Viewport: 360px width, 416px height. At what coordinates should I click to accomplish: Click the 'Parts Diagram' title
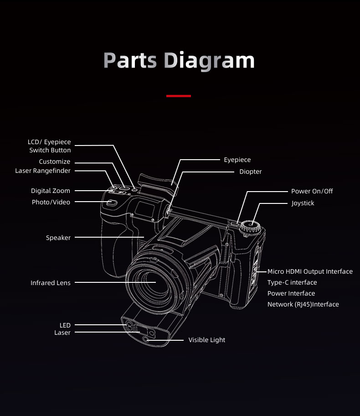[x=179, y=61]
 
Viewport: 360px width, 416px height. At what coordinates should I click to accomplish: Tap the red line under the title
[x=179, y=96]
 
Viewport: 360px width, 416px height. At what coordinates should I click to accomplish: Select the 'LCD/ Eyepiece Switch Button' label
[x=50, y=146]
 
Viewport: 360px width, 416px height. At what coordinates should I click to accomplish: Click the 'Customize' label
[x=55, y=161]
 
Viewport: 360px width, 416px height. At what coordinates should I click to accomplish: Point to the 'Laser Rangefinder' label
[x=43, y=171]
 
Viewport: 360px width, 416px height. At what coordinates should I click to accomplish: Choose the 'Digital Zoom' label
[x=51, y=191]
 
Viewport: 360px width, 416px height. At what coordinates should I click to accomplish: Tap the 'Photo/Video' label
[x=51, y=202]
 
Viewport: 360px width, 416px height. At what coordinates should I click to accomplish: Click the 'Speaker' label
[x=58, y=238]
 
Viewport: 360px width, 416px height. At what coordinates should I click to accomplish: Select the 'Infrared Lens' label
[x=51, y=283]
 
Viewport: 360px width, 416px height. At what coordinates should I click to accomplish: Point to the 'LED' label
[x=65, y=325]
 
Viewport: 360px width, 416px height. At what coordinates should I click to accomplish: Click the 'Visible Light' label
[x=207, y=340]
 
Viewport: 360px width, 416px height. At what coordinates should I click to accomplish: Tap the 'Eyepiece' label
[x=237, y=160]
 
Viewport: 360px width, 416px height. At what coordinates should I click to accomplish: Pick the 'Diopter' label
[x=251, y=172]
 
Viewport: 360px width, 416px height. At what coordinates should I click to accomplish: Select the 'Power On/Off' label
[x=312, y=191]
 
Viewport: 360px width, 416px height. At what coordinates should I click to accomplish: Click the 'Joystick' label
[x=303, y=203]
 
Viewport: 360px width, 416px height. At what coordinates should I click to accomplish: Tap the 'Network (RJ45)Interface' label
[x=303, y=304]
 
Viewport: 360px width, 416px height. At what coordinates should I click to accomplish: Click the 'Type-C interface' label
[x=292, y=282]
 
